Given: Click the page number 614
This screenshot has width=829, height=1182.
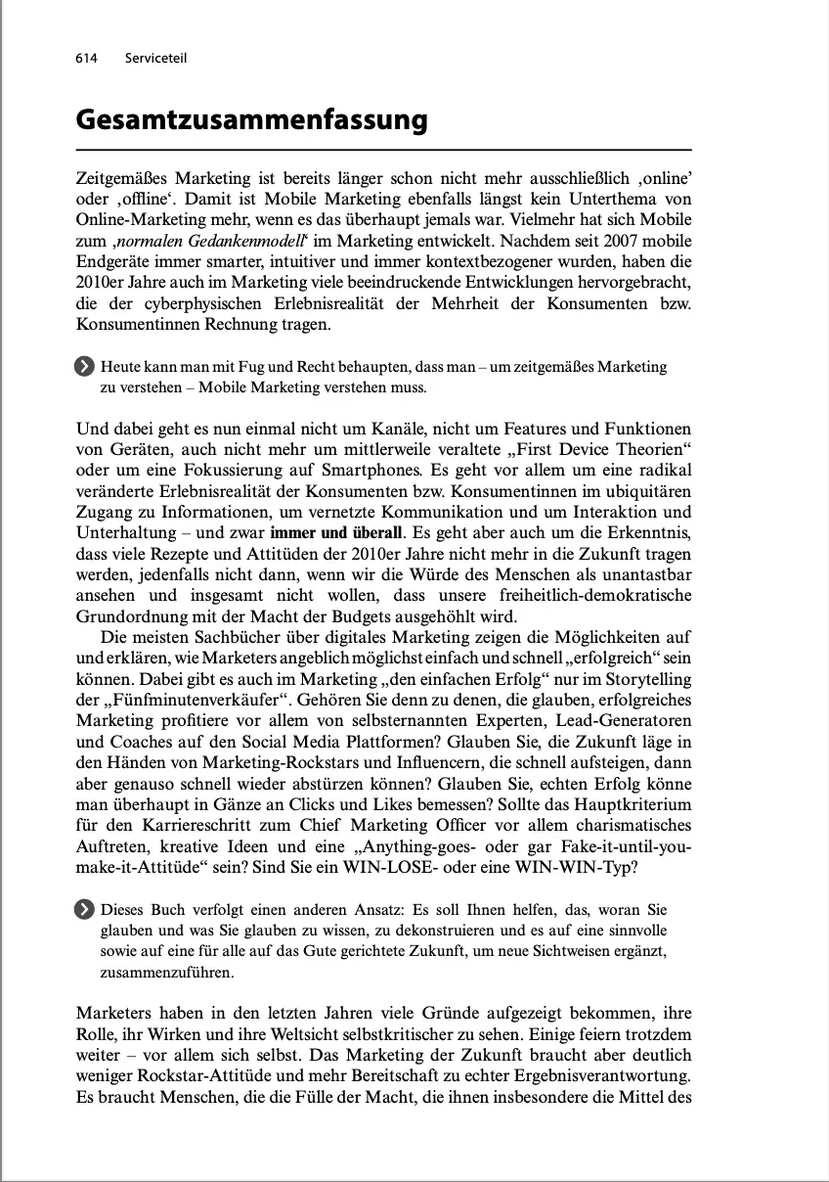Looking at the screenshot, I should click(86, 59).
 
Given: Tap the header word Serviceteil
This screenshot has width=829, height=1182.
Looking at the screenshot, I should click(155, 59).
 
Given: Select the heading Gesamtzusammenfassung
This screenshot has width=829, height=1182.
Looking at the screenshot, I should click(251, 119).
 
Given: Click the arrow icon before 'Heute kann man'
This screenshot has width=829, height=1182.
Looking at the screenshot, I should click(85, 367).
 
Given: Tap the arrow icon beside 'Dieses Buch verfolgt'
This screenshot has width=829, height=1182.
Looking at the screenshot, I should click(85, 910).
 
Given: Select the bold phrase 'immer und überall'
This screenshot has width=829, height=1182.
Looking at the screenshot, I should click(336, 533).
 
